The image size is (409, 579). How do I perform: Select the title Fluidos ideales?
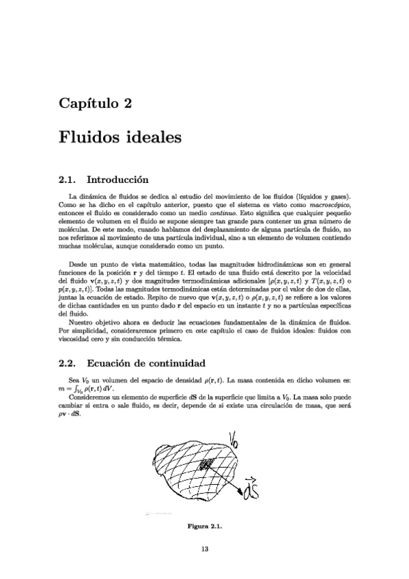click(x=119, y=137)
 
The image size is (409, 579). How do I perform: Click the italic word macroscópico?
click(x=330, y=204)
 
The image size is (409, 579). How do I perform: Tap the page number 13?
click(x=204, y=548)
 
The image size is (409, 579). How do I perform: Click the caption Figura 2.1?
click(x=204, y=526)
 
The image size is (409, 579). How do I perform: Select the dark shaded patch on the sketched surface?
click(x=207, y=466)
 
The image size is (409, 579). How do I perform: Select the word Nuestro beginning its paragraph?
click(x=83, y=321)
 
